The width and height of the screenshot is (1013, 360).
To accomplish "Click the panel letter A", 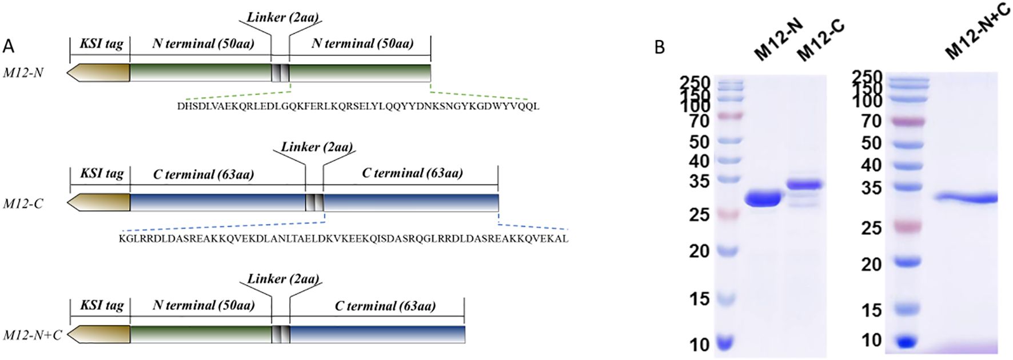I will [x=9, y=45].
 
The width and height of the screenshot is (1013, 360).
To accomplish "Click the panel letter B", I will [x=659, y=46].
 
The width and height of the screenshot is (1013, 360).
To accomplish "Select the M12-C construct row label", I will [x=23, y=203].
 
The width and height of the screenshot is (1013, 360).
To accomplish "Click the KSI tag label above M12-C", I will [x=102, y=174].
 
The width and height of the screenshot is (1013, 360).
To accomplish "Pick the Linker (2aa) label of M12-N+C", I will [x=283, y=279].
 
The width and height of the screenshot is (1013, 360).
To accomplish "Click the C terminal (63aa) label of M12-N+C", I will [x=385, y=306].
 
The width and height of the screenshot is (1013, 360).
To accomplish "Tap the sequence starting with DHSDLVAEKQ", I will [x=358, y=106].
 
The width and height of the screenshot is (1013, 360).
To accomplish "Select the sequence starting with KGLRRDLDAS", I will [x=344, y=238].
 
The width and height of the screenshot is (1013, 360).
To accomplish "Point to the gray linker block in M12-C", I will [x=314, y=203].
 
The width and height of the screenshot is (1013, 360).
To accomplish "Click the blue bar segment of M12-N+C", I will [x=377, y=334].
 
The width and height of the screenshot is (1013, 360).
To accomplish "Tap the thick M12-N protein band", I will [x=763, y=199].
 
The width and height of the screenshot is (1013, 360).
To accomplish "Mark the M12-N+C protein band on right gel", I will [x=966, y=199].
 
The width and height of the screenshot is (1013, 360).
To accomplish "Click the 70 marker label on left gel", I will [x=699, y=121].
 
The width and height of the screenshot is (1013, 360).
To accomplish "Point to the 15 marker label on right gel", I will [x=871, y=310].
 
